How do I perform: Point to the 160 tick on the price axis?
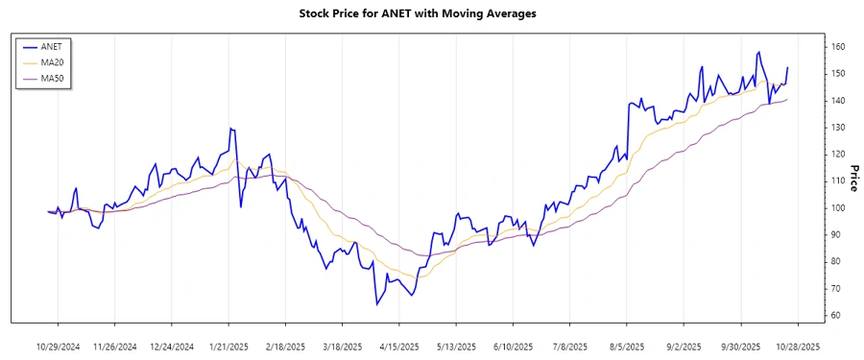[837, 47]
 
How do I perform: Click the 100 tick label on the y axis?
[837, 208]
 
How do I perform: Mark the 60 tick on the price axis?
[837, 316]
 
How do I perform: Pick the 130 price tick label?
[837, 128]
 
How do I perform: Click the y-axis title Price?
[852, 179]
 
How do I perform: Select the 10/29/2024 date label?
[60, 346]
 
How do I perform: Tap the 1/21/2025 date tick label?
[229, 346]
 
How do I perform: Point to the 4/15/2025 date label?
[399, 346]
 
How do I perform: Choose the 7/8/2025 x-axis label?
[569, 346]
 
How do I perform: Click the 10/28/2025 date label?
[797, 346]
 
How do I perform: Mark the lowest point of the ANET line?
[377, 305]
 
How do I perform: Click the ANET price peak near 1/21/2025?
[230, 128]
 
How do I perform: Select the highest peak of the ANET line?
[759, 52]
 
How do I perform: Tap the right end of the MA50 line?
[787, 100]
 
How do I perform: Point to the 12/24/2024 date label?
[173, 346]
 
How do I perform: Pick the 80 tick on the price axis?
[837, 262]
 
